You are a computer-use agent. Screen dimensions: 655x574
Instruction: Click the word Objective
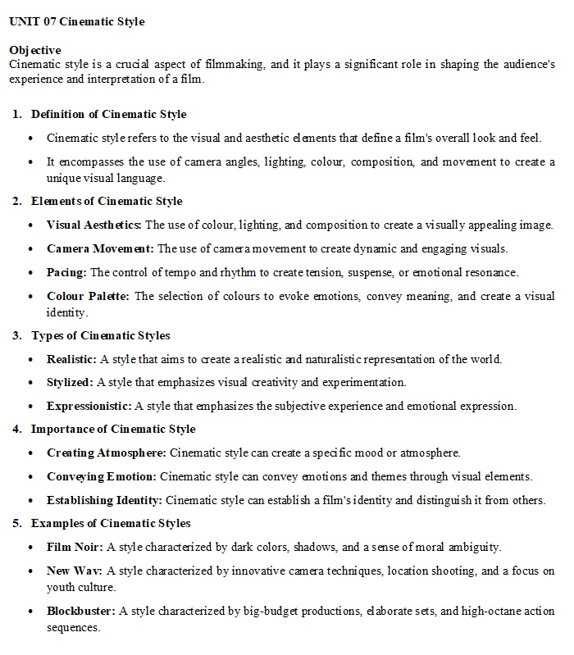pyautogui.click(x=34, y=50)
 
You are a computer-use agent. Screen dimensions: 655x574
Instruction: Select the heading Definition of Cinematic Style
pyautogui.click(x=108, y=114)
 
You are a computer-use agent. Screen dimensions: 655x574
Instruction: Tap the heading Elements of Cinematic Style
pyautogui.click(x=107, y=201)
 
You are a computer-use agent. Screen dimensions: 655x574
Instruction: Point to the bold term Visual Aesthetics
pyautogui.click(x=94, y=225)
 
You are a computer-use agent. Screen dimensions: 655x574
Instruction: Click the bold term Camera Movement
pyautogui.click(x=100, y=248)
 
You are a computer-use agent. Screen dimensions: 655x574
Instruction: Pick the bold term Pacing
pyautogui.click(x=67, y=272)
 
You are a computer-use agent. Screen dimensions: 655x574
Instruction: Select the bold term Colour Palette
pyautogui.click(x=89, y=296)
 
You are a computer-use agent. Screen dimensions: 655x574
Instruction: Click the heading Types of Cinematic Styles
pyautogui.click(x=101, y=335)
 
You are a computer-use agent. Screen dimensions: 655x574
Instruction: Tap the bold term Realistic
pyautogui.click(x=72, y=359)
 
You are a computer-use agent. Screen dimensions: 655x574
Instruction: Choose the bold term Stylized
pyautogui.click(x=71, y=382)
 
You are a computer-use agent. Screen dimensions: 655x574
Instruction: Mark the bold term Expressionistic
pyautogui.click(x=89, y=406)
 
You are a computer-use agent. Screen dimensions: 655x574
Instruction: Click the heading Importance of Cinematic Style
pyautogui.click(x=113, y=429)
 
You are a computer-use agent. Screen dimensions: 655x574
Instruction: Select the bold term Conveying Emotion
pyautogui.click(x=102, y=476)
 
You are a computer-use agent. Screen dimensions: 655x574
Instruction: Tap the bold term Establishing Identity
pyautogui.click(x=104, y=500)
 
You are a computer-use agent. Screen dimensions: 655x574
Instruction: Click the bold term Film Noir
pyautogui.click(x=75, y=547)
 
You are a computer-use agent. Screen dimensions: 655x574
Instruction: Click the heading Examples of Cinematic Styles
pyautogui.click(x=111, y=523)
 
